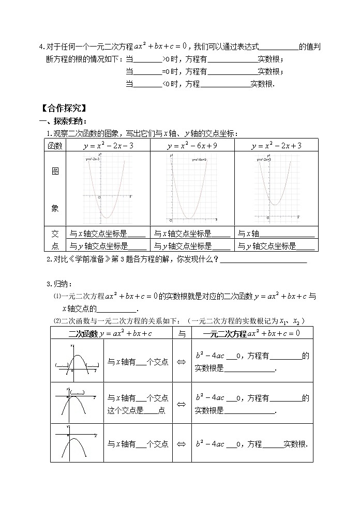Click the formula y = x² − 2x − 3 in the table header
(108, 146)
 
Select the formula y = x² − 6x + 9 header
(192, 146)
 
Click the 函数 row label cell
(55, 146)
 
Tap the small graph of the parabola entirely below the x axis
(77, 443)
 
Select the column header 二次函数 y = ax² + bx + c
(111, 333)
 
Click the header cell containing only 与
(181, 333)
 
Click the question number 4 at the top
(41, 47)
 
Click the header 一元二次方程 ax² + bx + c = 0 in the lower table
(251, 333)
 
